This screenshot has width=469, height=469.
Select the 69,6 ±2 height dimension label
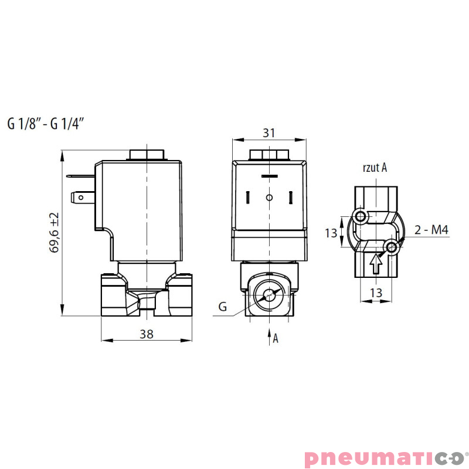(x=55, y=233)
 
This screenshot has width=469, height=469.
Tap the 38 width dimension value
(x=147, y=334)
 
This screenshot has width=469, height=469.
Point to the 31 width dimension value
(x=269, y=133)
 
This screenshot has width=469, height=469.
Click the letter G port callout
(x=222, y=306)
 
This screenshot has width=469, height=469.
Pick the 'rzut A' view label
(x=375, y=168)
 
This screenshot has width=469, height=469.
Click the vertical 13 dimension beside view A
(x=332, y=233)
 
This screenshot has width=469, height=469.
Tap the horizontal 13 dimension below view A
(x=376, y=293)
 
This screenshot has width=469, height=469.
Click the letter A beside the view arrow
(x=276, y=338)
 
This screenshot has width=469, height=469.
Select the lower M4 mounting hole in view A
(x=392, y=249)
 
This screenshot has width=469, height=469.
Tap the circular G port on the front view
(x=270, y=296)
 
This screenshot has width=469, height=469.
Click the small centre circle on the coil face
(x=269, y=198)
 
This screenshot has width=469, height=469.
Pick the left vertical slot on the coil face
(x=248, y=198)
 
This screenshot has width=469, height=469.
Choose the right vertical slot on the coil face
(x=291, y=198)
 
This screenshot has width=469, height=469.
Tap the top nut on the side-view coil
(x=146, y=155)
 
